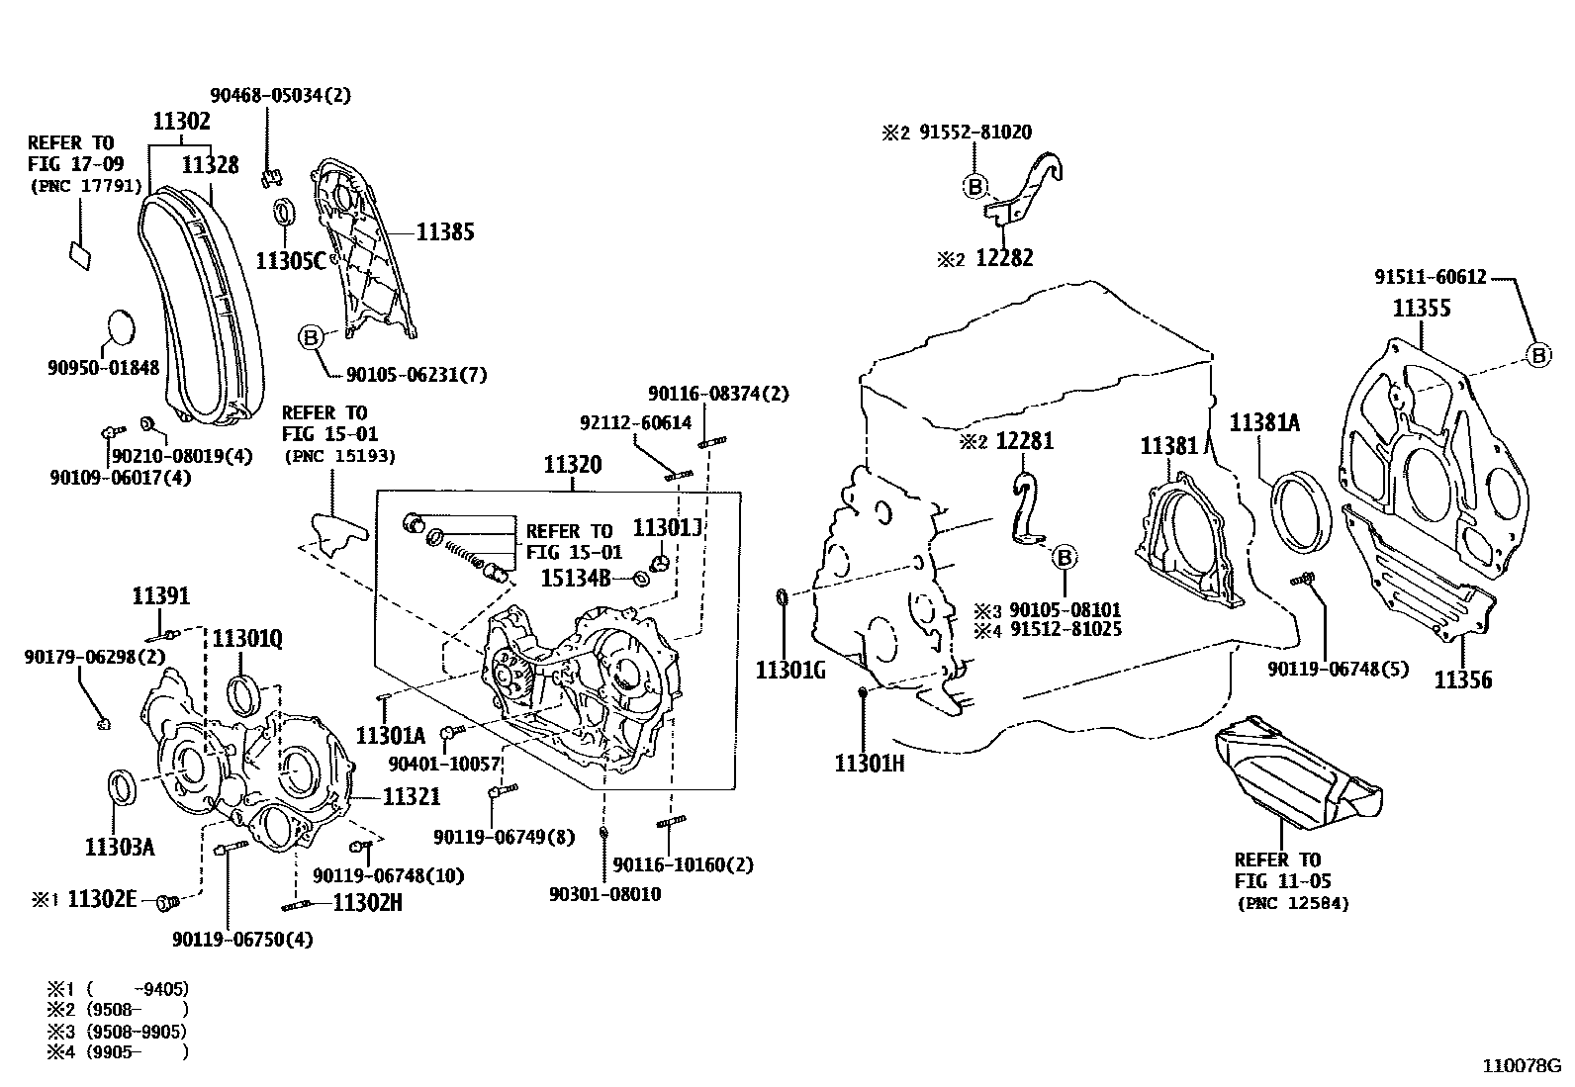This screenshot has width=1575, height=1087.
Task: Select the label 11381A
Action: tap(1263, 423)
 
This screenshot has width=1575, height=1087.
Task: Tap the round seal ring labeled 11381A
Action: tap(1299, 510)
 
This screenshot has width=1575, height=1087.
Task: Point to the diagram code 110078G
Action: tap(1520, 1066)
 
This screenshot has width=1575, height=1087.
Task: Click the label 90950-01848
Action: tap(103, 368)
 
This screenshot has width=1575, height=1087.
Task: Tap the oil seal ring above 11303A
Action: tap(123, 787)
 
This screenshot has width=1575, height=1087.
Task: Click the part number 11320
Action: tap(573, 464)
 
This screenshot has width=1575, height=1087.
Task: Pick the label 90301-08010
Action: tap(604, 894)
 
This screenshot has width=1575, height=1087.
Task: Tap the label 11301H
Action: tap(870, 763)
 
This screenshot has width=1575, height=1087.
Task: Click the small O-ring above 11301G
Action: tap(782, 596)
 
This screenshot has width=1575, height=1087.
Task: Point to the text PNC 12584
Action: tap(1293, 903)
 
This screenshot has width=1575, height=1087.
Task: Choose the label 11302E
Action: tap(109, 901)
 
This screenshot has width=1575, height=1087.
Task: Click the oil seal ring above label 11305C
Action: tap(285, 213)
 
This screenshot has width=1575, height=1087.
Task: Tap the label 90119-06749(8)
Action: tap(504, 838)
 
